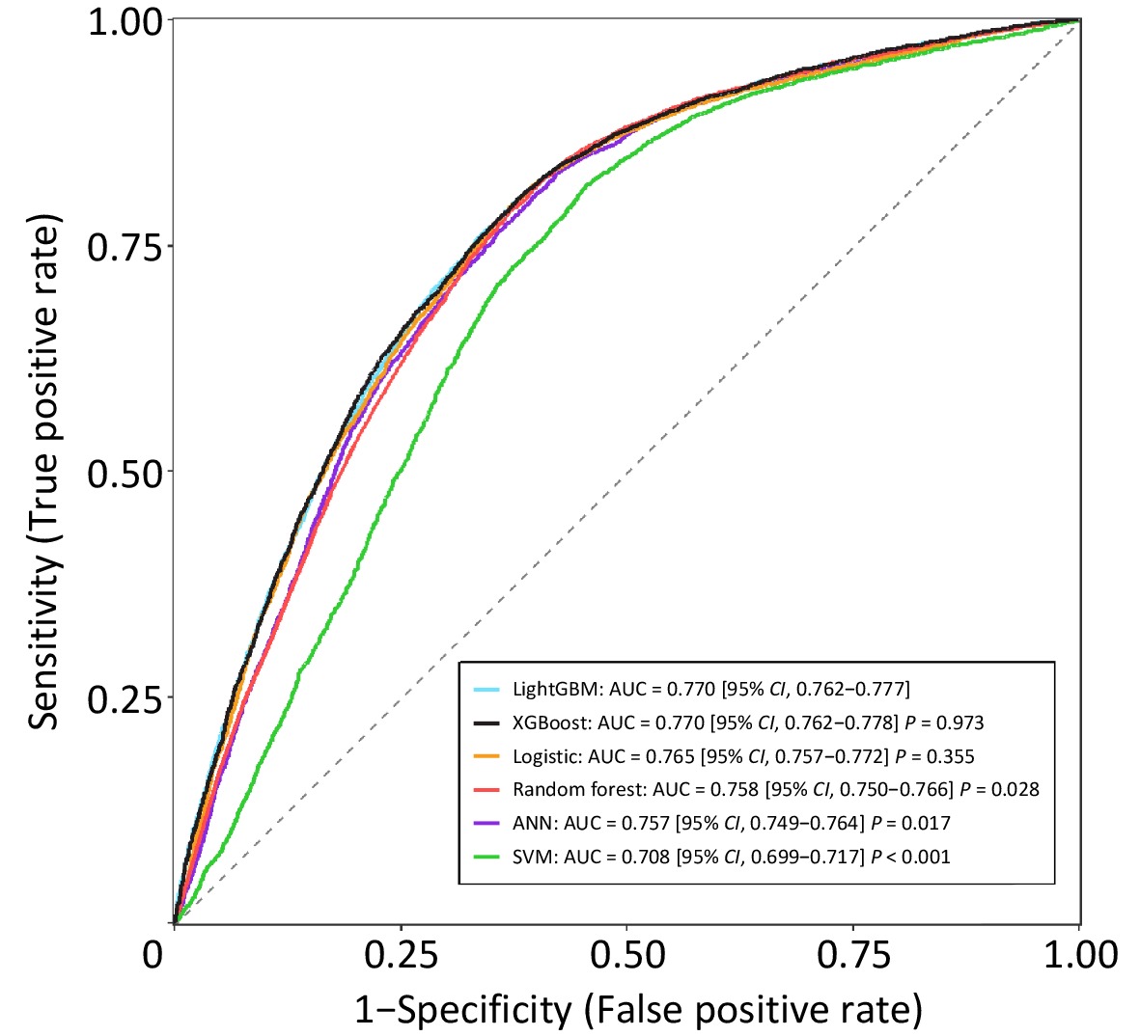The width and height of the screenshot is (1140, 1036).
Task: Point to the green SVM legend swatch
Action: tap(487, 857)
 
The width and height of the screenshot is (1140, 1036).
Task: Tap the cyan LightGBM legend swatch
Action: tap(487, 690)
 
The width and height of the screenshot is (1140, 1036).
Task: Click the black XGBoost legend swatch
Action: tap(487, 722)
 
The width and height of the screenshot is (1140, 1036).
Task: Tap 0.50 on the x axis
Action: tap(626, 955)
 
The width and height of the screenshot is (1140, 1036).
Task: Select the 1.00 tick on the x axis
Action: tap(1079, 955)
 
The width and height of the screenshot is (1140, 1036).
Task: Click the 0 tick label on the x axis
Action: tap(153, 955)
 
